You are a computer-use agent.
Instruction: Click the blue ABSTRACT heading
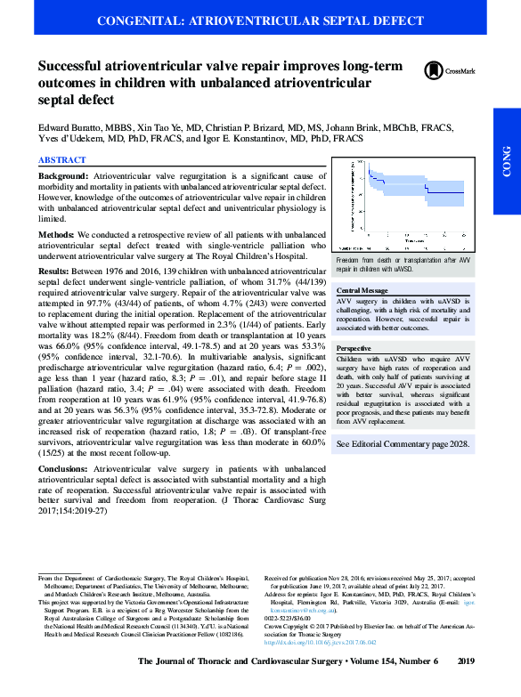tap(61, 160)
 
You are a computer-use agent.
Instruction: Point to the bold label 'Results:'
tap(55, 268)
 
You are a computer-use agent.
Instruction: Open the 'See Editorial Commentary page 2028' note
tap(403, 465)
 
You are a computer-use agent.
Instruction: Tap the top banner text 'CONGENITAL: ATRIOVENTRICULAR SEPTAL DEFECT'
tap(259, 19)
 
